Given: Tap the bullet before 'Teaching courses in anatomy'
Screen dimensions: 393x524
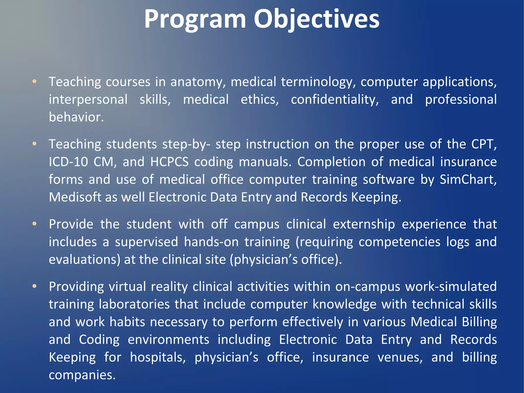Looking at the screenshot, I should [35, 82].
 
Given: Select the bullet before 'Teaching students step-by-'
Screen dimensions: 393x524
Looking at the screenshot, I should [35, 144].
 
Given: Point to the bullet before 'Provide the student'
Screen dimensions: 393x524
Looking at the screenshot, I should [35, 224].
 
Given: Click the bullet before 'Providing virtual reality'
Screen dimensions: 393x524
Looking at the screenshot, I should [35, 286].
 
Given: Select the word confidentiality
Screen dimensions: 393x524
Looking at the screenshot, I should [335, 100].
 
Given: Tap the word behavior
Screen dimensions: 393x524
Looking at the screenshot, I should [76, 117].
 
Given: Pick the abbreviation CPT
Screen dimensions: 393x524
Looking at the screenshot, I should [484, 144].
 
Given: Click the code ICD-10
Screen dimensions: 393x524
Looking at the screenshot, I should [68, 162].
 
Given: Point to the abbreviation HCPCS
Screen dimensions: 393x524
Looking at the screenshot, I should [169, 162].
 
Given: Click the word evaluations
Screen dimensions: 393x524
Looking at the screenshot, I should [84, 260].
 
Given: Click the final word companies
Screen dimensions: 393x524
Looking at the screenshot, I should [82, 375].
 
